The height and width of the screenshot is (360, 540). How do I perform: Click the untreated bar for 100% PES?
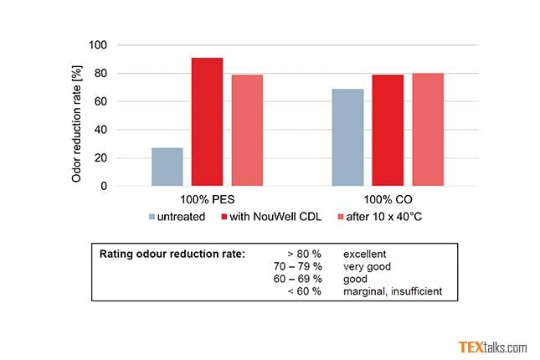[x=167, y=167]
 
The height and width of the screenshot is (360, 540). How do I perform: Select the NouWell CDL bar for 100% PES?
[x=207, y=122]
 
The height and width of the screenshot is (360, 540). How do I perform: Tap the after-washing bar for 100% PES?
[x=247, y=131]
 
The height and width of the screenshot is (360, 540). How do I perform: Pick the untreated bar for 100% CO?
[x=347, y=137]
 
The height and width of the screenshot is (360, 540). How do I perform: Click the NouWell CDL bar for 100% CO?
[x=388, y=131]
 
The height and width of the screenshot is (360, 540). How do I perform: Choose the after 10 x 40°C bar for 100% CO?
[x=428, y=130]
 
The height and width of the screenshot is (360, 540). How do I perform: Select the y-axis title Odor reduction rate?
[x=77, y=116]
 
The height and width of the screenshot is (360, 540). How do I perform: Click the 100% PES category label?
[x=206, y=201]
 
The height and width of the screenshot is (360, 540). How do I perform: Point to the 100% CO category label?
[x=388, y=201]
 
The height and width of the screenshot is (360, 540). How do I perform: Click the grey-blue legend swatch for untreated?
[x=152, y=217]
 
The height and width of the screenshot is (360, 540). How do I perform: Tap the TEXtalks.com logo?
[x=492, y=347]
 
